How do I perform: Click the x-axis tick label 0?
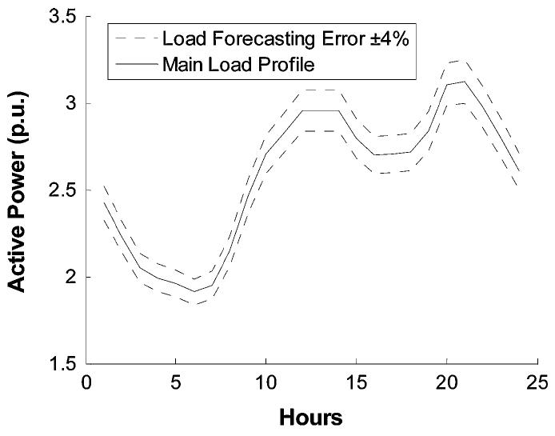pyautogui.click(x=86, y=382)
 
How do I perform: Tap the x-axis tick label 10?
pyautogui.click(x=266, y=382)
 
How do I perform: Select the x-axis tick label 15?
pyautogui.click(x=355, y=382)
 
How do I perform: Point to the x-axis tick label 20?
pyautogui.click(x=445, y=382)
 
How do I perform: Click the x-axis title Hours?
pyautogui.click(x=310, y=417)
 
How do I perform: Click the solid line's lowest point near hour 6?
pyautogui.click(x=194, y=291)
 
